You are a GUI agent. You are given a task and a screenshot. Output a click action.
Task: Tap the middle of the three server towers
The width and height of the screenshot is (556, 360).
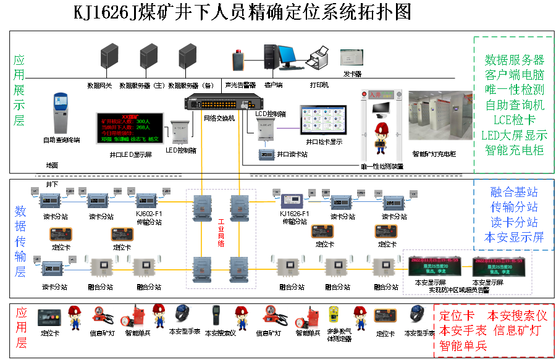click(x=148, y=56)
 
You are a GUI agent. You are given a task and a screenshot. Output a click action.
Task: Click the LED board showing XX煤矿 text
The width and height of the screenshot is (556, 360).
click(x=129, y=128)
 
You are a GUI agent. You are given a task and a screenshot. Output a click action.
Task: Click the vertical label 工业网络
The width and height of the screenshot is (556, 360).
click(x=221, y=233)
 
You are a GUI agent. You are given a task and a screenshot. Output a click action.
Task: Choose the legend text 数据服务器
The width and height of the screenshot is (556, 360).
click(x=515, y=60)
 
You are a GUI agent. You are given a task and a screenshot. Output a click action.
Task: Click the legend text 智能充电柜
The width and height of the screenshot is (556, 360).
click(x=515, y=150)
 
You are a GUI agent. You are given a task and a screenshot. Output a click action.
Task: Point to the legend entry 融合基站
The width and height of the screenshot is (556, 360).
click(x=514, y=192)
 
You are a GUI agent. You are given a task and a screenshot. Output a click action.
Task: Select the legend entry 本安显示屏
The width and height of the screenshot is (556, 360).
click(x=514, y=237)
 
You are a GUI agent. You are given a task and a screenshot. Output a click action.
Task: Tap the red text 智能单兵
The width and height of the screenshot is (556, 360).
click(x=463, y=346)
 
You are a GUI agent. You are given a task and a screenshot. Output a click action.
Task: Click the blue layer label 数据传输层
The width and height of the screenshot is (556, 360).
click(x=20, y=241)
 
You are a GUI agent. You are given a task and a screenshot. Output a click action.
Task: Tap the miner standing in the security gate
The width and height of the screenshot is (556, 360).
click(x=381, y=137)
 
